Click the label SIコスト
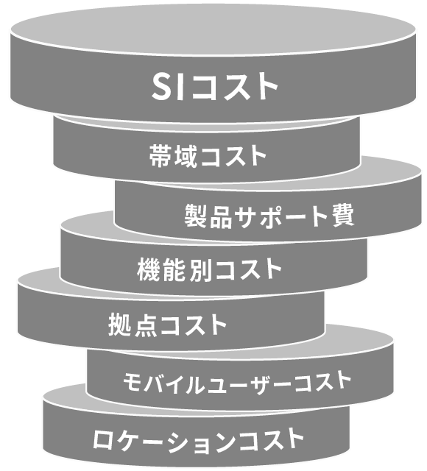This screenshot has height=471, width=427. click(214, 87)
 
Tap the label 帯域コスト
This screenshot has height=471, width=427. click(208, 155)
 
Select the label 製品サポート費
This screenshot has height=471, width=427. click(269, 216)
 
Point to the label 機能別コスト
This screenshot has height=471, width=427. click(209, 269)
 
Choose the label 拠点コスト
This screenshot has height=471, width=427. click(167, 325)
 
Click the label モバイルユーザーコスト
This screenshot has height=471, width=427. click(237, 382)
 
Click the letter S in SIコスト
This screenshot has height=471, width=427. click(163, 87)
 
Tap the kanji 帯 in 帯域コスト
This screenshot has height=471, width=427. click(160, 155)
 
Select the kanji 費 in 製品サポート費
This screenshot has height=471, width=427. click(343, 215)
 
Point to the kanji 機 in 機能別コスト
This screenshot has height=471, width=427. click(149, 270)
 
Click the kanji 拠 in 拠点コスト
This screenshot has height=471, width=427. click(120, 325)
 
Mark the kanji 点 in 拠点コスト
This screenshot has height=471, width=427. click(146, 325)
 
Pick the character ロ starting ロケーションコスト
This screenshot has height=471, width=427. click(105, 441)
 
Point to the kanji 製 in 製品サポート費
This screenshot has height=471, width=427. click(196, 216)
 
